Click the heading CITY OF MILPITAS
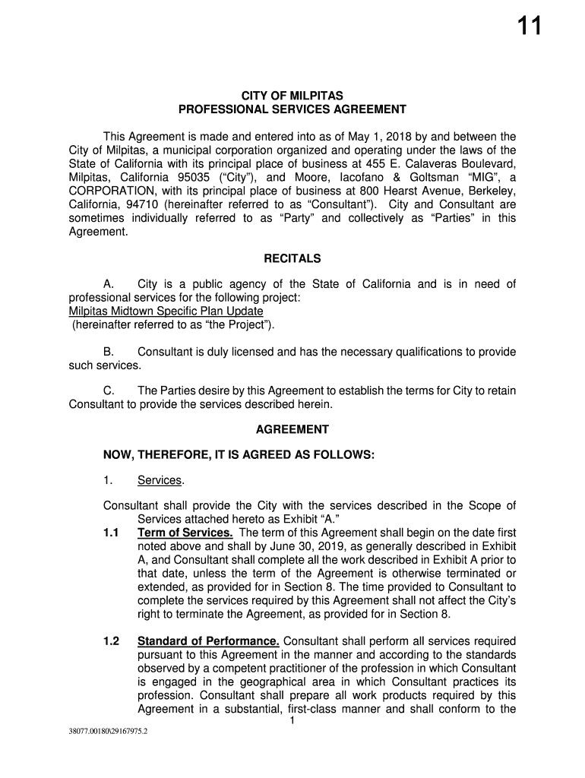(x=292, y=96)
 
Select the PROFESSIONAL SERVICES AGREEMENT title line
(x=292, y=109)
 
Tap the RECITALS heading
(x=292, y=258)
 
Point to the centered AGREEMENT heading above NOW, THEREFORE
(x=292, y=429)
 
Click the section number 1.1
(x=111, y=533)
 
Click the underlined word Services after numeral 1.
(x=160, y=480)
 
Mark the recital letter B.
(x=109, y=353)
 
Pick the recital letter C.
(x=109, y=391)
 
